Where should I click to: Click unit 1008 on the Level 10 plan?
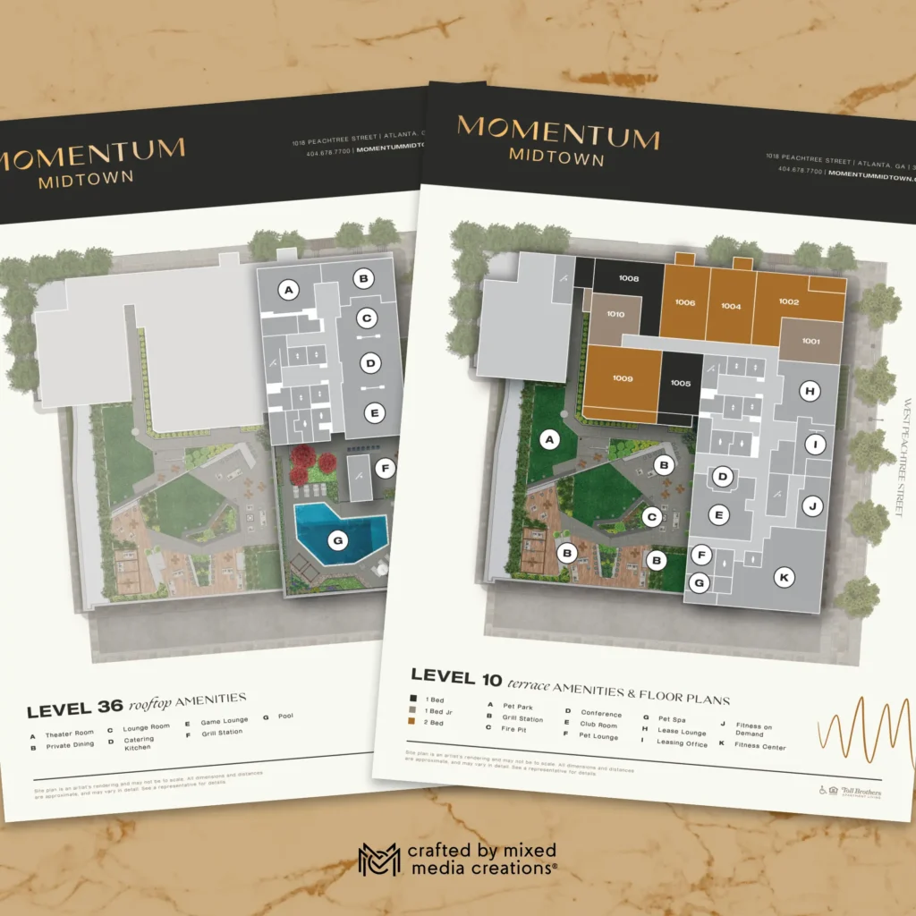coord(629,279)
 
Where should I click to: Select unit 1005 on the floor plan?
coord(680,384)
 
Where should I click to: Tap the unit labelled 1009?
coord(623,379)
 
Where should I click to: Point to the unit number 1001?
coord(810,341)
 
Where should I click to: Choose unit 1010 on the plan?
coord(615,315)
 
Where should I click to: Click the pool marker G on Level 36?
coord(337,540)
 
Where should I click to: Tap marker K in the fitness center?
coord(784,578)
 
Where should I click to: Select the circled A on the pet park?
coord(550,439)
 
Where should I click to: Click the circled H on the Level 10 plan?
coord(810,391)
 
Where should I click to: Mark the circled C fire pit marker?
coord(653,515)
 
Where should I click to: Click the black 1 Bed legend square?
coord(413,698)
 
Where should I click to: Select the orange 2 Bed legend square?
coord(413,721)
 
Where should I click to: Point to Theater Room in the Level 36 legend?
coord(70,734)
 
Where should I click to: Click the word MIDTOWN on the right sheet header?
coord(556,157)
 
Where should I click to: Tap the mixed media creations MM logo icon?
coord(378,859)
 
